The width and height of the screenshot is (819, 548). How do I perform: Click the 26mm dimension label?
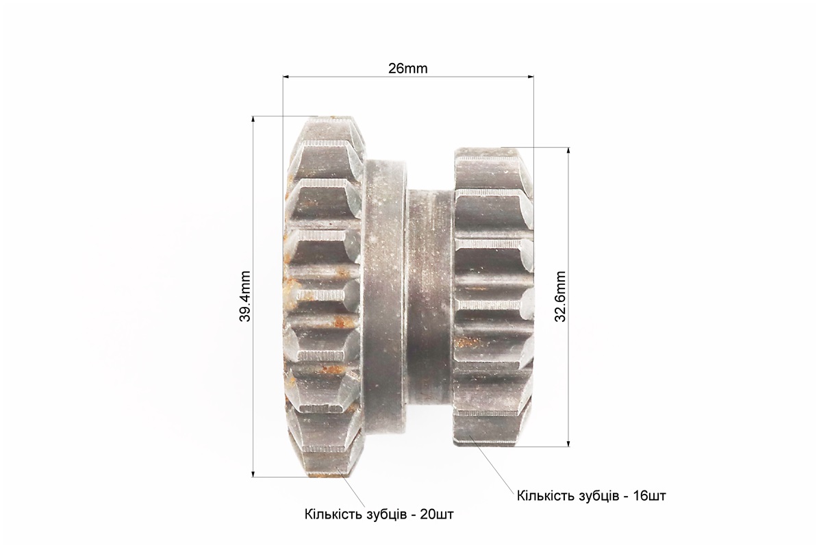pyautogui.click(x=407, y=68)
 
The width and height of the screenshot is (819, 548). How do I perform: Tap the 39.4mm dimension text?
pyautogui.click(x=245, y=296)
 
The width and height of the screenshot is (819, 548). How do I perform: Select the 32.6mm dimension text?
pyautogui.click(x=560, y=296)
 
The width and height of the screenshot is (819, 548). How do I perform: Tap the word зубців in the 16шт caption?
pyautogui.click(x=596, y=496)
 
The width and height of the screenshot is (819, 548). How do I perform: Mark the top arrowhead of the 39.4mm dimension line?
pyautogui.click(x=254, y=120)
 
